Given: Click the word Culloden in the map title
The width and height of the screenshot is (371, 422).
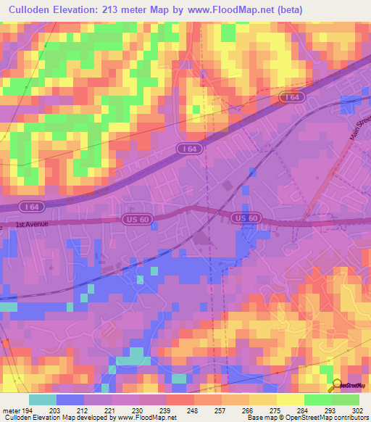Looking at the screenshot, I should click(x=33, y=9).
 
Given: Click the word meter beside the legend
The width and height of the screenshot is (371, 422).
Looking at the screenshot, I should click(x=12, y=410).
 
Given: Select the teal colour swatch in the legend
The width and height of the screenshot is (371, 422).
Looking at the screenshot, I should click(x=43, y=400).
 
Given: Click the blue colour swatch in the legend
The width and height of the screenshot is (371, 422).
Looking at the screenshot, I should click(x=70, y=400).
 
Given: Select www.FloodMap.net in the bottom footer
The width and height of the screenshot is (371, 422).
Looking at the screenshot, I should click(x=144, y=418).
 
